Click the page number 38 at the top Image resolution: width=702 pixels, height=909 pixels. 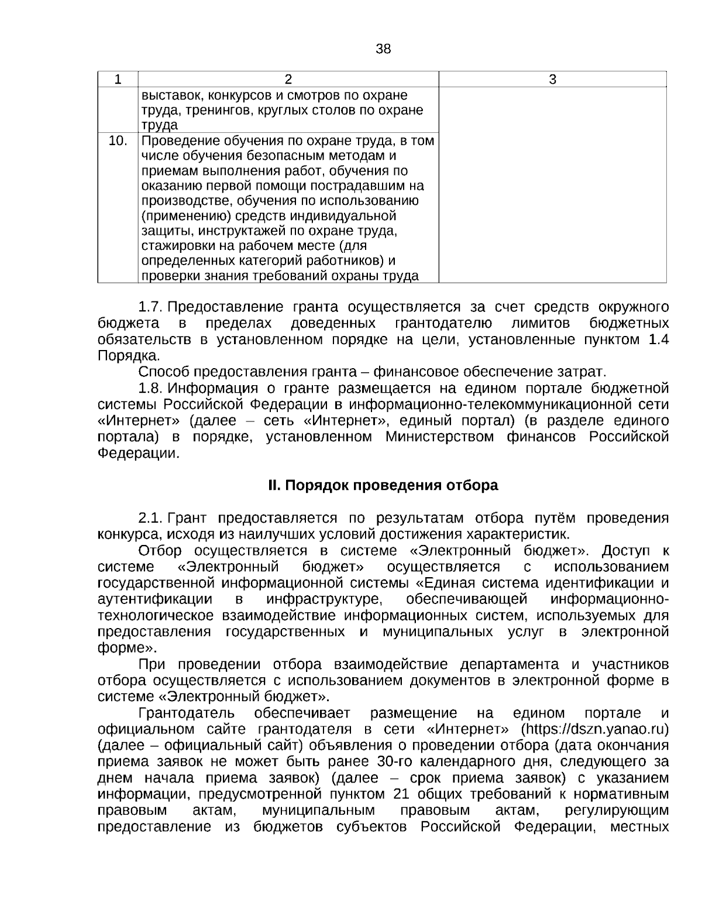383,49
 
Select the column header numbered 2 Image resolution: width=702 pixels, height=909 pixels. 288,80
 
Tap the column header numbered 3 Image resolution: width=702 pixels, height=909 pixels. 552,80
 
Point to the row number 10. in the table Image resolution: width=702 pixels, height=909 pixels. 118,140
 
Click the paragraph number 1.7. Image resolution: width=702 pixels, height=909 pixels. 151,307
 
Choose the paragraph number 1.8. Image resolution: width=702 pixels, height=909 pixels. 151,388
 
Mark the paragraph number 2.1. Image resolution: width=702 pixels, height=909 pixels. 151,518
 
